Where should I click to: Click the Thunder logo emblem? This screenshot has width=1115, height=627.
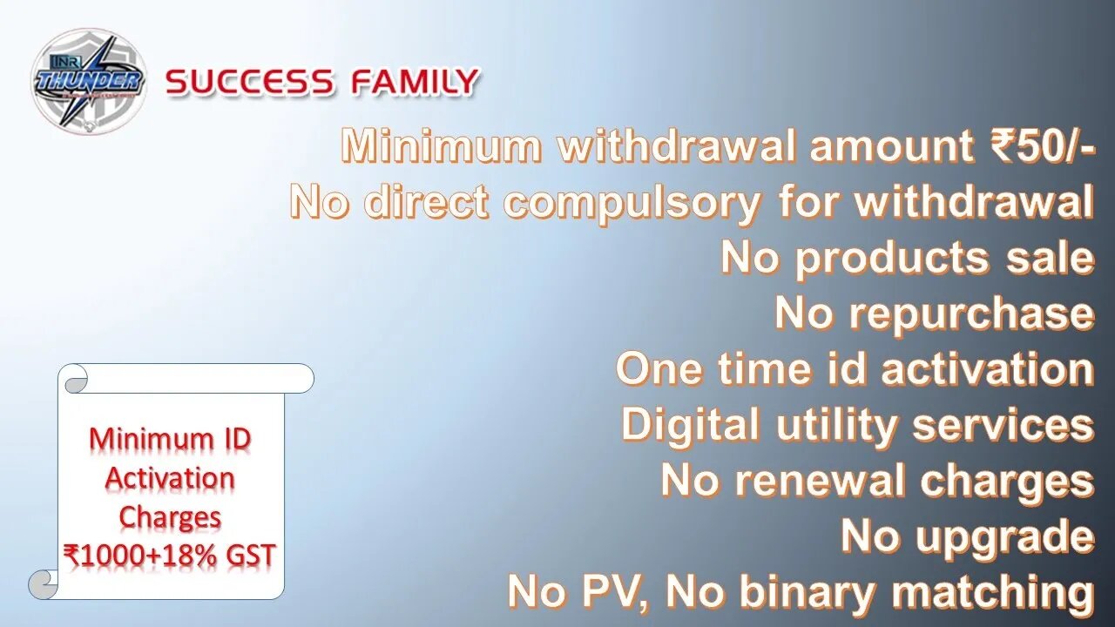(89, 81)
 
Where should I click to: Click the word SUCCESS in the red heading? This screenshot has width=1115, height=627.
(249, 82)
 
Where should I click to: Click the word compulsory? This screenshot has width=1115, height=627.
(632, 205)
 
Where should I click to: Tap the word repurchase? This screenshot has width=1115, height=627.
(971, 315)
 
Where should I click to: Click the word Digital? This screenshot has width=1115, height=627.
(691, 426)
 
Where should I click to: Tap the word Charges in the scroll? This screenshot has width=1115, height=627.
(170, 518)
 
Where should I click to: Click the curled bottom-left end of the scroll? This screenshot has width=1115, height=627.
(43, 585)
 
